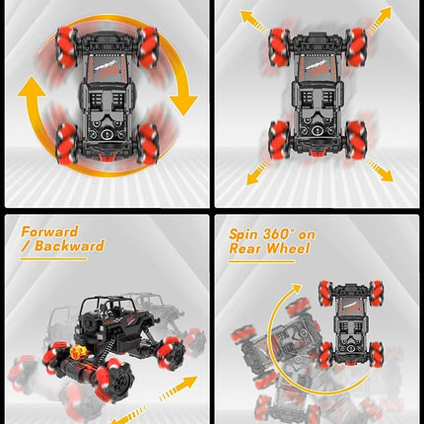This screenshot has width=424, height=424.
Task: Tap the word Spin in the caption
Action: [x=247, y=235]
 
